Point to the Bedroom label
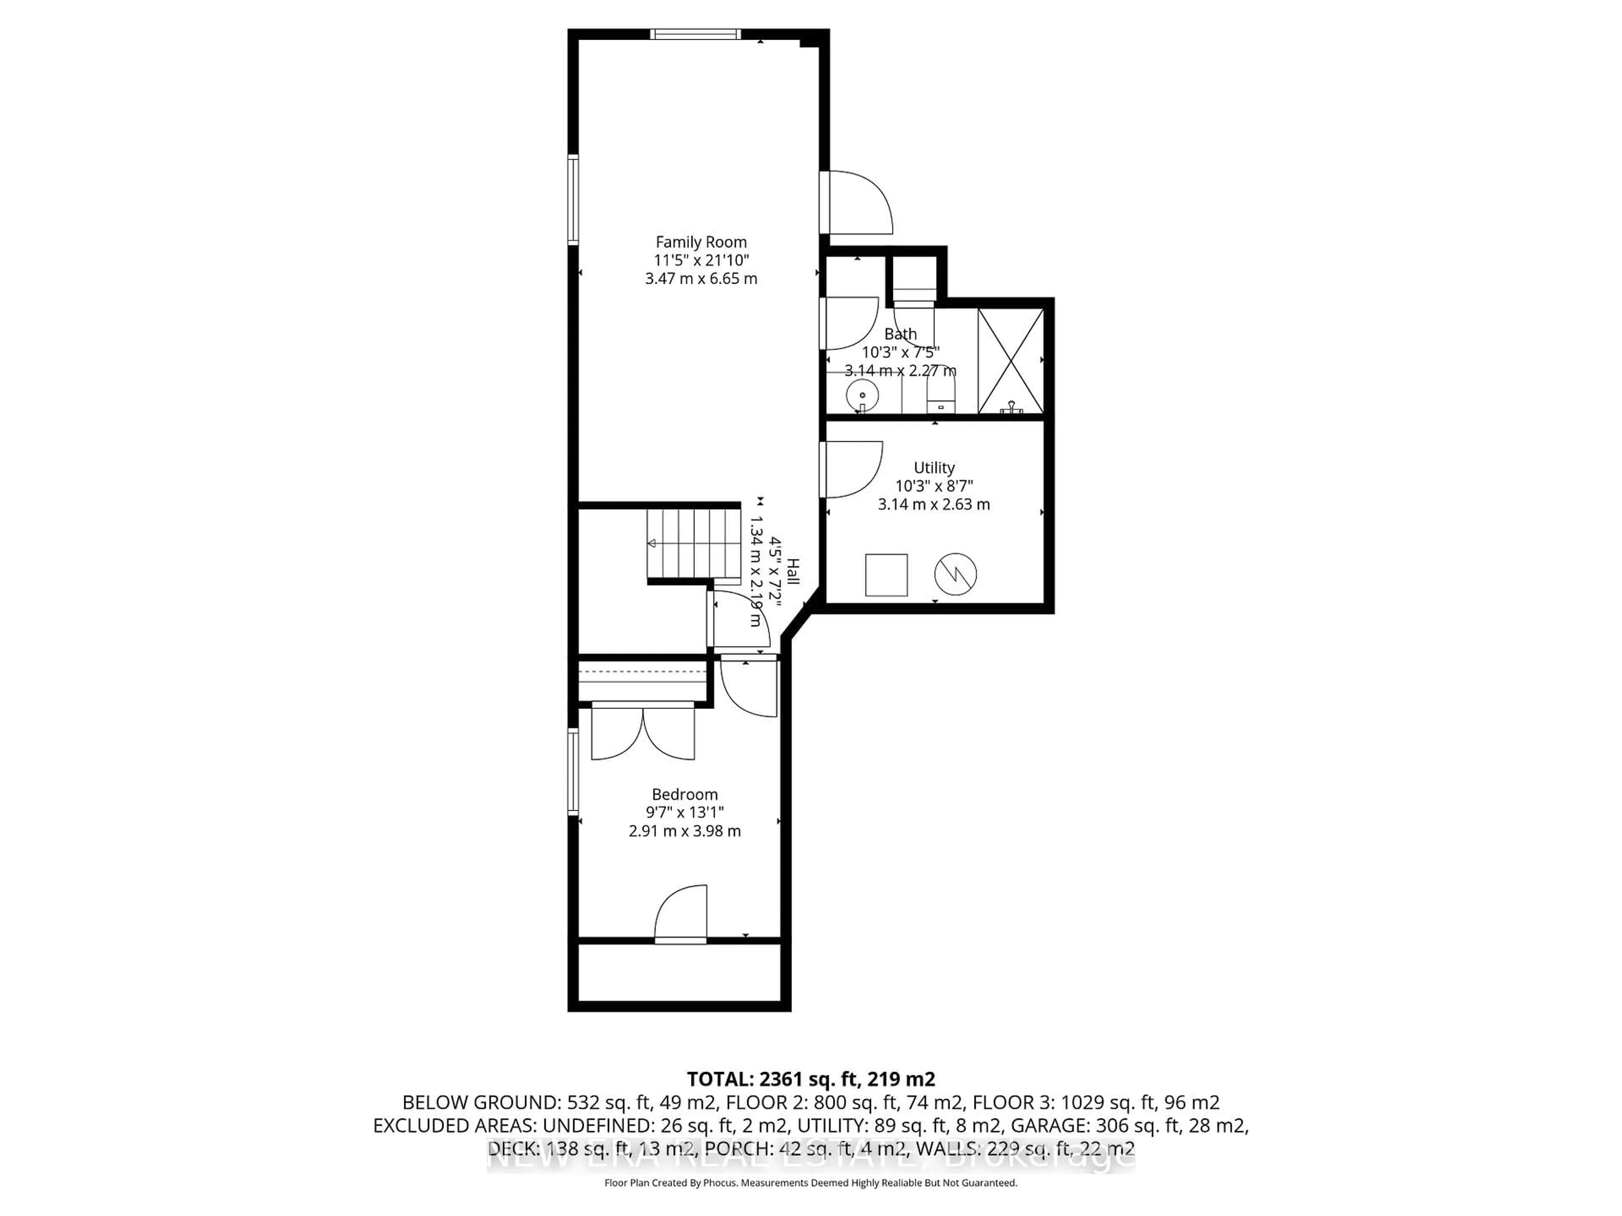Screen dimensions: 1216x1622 (x=684, y=795)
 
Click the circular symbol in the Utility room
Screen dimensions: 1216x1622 (x=955, y=574)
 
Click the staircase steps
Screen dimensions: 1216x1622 (x=689, y=543)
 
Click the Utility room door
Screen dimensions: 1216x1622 (x=851, y=469)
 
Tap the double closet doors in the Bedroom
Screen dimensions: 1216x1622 (x=643, y=732)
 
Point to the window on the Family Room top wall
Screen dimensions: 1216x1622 (x=695, y=34)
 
